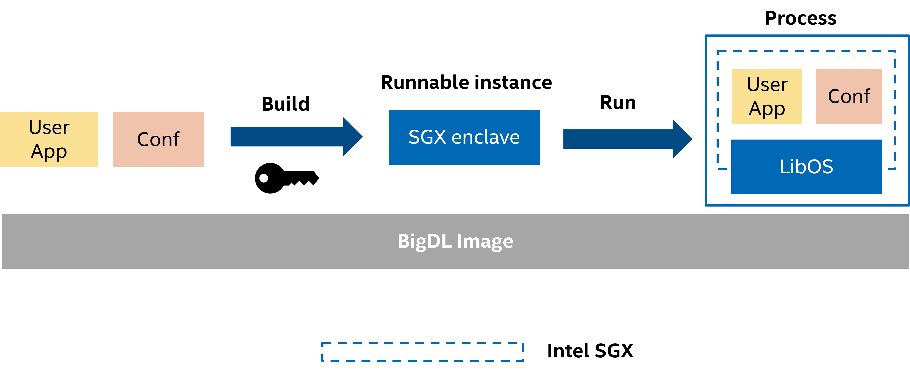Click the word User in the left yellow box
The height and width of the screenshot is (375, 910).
[49, 127]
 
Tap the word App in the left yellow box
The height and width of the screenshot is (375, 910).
[49, 152]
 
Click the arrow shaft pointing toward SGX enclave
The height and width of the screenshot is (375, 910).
[286, 137]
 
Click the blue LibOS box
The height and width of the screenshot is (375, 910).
[806, 167]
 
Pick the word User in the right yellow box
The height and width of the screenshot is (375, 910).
[767, 85]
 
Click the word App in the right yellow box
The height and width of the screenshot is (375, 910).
[767, 109]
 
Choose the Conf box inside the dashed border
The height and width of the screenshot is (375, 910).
[848, 96]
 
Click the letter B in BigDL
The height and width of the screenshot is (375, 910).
[404, 241]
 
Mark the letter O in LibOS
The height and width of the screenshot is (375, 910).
[814, 167]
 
